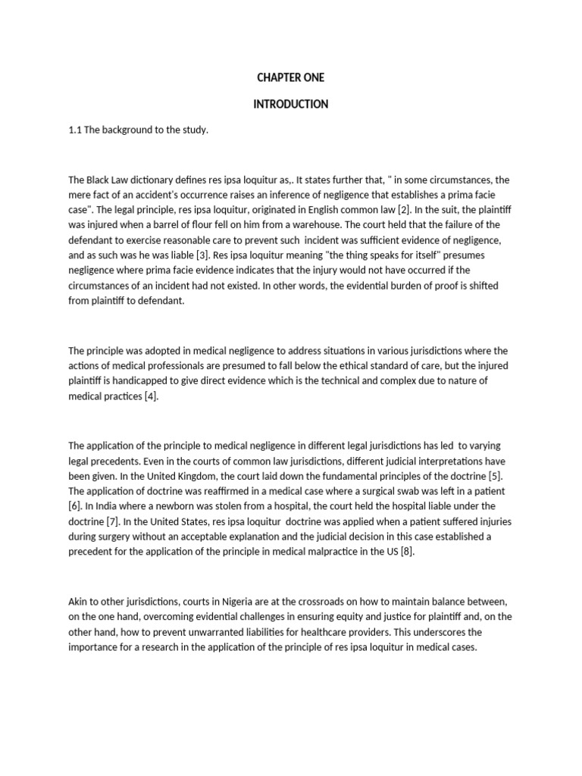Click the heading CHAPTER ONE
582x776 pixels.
291,78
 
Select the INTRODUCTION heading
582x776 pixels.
291,105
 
